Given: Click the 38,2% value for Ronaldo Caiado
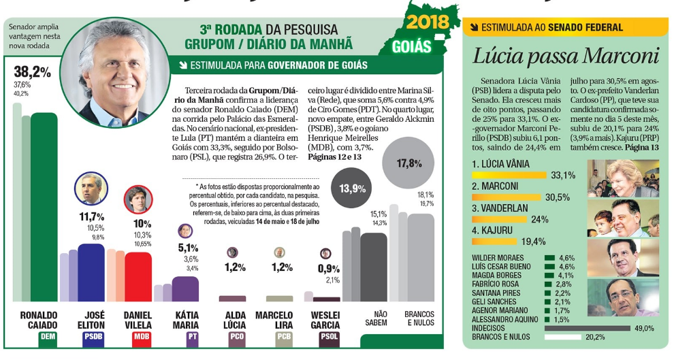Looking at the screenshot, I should click(x=33, y=71).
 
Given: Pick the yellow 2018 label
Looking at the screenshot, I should click(x=427, y=22).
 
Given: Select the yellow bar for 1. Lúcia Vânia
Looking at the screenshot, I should click(x=510, y=175).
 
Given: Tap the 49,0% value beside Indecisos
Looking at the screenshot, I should click(x=644, y=328).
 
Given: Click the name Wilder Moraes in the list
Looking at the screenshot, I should click(x=498, y=258).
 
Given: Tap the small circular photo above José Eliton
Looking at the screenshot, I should click(x=91, y=189).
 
